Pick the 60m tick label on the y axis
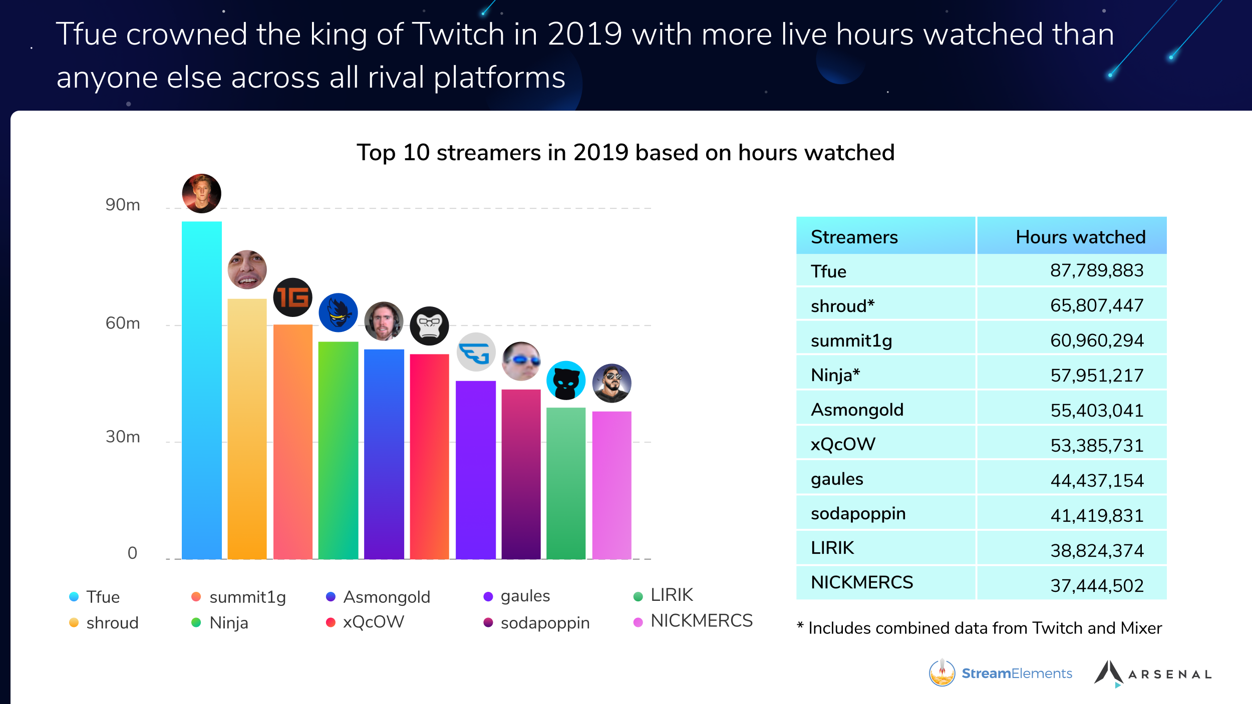(x=123, y=323)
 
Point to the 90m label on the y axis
(x=123, y=205)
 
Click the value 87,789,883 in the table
(x=1096, y=271)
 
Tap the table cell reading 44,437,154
(x=1096, y=481)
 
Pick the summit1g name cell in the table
(x=851, y=340)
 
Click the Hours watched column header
(x=1080, y=237)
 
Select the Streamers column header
(x=854, y=237)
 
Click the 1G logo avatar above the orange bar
(x=292, y=297)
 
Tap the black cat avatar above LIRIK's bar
(x=566, y=381)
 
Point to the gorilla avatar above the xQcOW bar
(x=429, y=326)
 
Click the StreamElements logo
(x=1000, y=673)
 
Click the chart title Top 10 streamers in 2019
(x=625, y=153)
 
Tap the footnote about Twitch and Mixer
(x=979, y=628)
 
